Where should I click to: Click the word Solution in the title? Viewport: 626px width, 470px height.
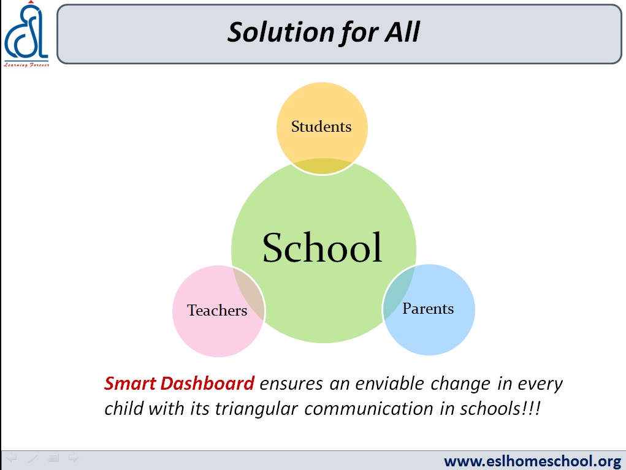[x=281, y=32]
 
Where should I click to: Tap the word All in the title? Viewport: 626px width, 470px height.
[x=402, y=32]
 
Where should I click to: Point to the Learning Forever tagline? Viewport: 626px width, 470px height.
[x=26, y=64]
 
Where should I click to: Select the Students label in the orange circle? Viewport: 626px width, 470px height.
[x=321, y=126]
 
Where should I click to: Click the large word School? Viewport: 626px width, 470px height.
[x=322, y=248]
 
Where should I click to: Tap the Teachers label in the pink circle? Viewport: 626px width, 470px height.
[x=217, y=310]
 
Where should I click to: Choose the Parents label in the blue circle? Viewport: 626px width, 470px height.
[x=428, y=308]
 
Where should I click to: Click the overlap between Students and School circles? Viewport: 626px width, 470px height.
[x=323, y=166]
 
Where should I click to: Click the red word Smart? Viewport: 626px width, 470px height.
[x=130, y=384]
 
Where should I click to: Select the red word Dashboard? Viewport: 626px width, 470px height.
[x=207, y=384]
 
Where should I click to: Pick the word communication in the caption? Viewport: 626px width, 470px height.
[x=368, y=409]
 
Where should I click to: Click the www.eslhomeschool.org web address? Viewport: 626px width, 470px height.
[x=533, y=461]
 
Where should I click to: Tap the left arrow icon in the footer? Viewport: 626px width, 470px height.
[x=12, y=458]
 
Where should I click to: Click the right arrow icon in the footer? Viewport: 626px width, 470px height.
[x=74, y=458]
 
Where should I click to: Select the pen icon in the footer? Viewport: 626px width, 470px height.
[x=32, y=458]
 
